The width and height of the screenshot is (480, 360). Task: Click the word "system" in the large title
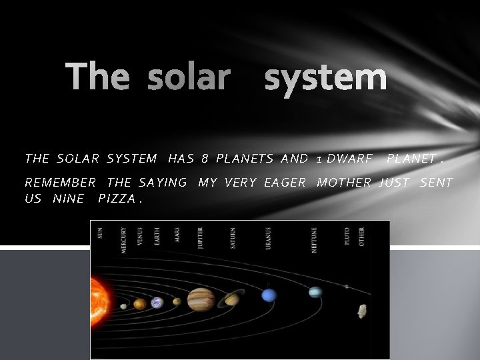click(x=325, y=77)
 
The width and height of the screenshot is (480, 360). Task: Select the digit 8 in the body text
click(x=205, y=159)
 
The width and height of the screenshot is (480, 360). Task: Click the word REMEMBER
click(x=60, y=183)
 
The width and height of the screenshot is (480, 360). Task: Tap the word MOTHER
click(x=344, y=183)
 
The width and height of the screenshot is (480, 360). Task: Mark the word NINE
click(x=67, y=199)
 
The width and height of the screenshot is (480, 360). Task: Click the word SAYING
click(x=163, y=183)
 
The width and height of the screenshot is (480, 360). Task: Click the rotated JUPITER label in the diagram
click(x=200, y=237)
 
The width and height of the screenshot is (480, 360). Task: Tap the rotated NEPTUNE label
click(x=314, y=238)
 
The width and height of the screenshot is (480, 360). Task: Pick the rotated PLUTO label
click(x=347, y=237)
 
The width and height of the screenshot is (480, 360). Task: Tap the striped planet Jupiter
click(x=201, y=299)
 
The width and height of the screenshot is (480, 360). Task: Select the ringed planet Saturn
click(x=232, y=299)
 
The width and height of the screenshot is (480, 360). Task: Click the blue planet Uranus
click(x=269, y=295)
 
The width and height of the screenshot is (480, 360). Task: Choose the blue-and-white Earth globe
click(x=157, y=303)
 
